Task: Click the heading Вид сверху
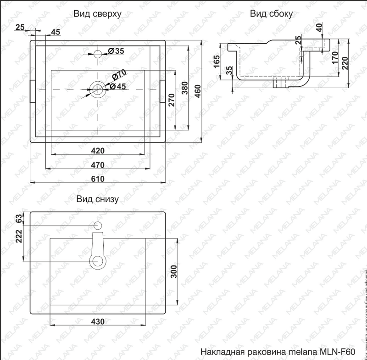coord(97,14)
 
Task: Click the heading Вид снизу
coord(97,199)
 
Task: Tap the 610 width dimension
coord(98,179)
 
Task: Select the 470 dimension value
coord(98,165)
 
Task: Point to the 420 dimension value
coord(98,151)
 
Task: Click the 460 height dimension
coord(198,92)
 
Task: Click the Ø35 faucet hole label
coord(116,51)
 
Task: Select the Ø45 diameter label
coord(118,86)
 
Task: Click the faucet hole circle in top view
coord(98,53)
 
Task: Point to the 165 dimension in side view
coord(217,62)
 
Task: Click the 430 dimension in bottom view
coord(98,322)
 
